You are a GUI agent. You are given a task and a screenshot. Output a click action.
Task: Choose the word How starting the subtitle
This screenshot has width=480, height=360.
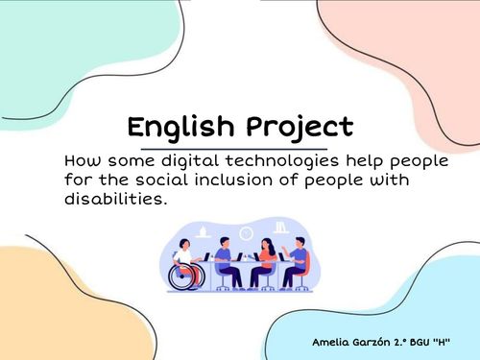click(x=80, y=160)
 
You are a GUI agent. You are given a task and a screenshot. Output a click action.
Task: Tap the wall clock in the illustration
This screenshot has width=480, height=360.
click(x=246, y=233)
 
